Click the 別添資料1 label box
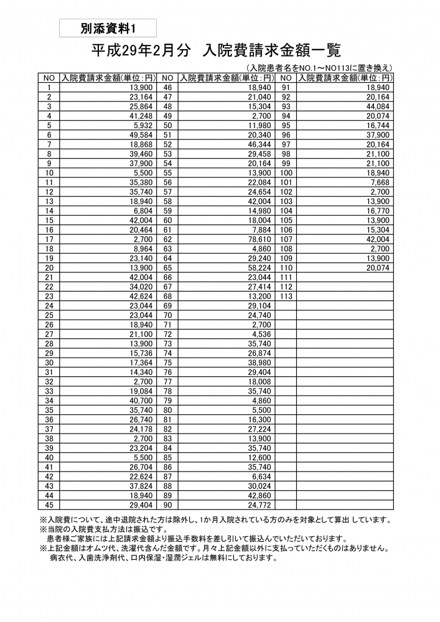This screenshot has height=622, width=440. click(108, 27)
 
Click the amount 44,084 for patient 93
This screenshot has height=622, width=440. click(376, 106)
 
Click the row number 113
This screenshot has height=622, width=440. click(286, 296)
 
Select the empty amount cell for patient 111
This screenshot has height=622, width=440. click(345, 277)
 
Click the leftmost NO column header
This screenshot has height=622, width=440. click(49, 78)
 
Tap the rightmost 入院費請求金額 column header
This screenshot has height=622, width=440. click(345, 78)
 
